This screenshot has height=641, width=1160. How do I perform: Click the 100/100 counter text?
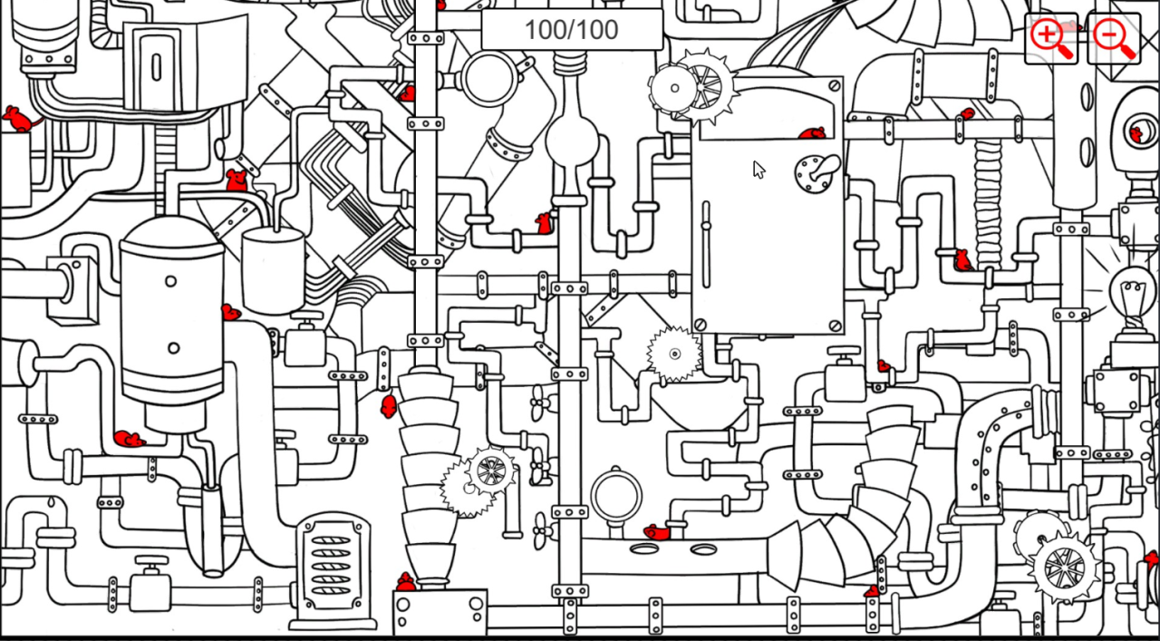[x=571, y=30]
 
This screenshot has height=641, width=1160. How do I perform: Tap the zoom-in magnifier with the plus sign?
[x=1050, y=38]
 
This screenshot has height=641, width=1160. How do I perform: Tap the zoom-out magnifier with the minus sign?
[x=1113, y=38]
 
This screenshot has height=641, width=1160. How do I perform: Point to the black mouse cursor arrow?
[x=759, y=170]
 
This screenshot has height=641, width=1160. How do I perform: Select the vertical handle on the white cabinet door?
[x=706, y=243]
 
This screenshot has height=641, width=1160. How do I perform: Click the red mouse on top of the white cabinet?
[x=812, y=133]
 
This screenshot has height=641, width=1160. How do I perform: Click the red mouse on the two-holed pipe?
[x=657, y=532]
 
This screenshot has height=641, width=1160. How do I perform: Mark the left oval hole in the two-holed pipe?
[x=644, y=549]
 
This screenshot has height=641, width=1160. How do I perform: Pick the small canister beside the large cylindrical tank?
[x=273, y=268]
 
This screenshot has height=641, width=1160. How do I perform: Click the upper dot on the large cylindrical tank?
[x=170, y=281]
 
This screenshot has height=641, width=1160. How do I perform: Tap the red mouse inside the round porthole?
[x=1136, y=134]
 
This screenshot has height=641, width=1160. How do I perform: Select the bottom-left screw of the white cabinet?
[x=700, y=324]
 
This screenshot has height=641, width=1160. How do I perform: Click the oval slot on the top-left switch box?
[x=156, y=67]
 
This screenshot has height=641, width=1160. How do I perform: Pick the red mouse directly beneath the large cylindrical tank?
[x=129, y=440]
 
